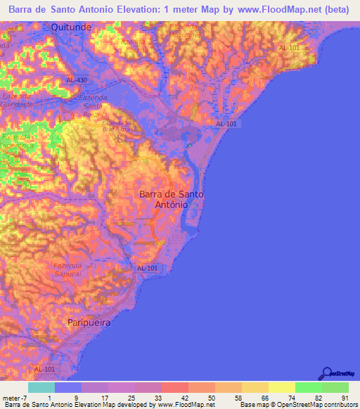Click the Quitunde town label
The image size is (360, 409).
coord(70,27)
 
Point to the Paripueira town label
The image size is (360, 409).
coord(90,322)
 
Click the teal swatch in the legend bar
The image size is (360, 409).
coord(41,387)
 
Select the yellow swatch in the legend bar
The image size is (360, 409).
coord(281,387)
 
